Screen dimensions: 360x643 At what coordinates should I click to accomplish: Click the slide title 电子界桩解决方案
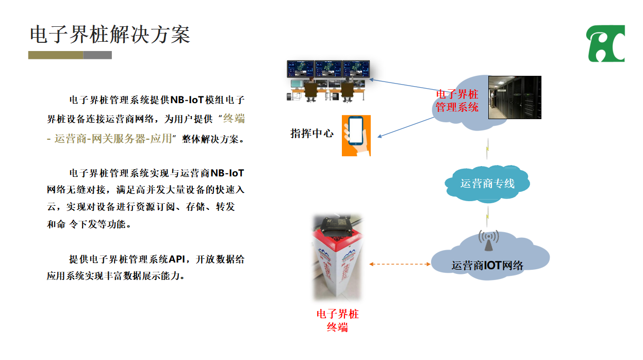point(110,35)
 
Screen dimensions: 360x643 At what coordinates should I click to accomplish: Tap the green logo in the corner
point(606,44)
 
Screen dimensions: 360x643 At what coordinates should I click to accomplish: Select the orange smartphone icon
point(356,135)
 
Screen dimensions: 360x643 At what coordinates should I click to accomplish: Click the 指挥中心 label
point(312,134)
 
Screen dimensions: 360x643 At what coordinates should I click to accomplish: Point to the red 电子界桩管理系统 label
point(457,101)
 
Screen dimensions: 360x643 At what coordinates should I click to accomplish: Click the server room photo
point(514,97)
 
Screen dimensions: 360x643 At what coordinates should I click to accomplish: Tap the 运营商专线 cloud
point(487,183)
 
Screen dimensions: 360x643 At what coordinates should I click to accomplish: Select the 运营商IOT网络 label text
point(487,266)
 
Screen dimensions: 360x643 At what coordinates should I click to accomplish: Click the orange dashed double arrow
point(400,264)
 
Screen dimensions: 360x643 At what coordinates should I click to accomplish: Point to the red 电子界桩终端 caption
point(337,320)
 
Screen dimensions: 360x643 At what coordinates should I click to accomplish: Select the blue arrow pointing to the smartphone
point(406,127)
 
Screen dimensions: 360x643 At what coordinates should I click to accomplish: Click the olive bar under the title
point(56,55)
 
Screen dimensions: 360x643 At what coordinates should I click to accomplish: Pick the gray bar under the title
point(97,55)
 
